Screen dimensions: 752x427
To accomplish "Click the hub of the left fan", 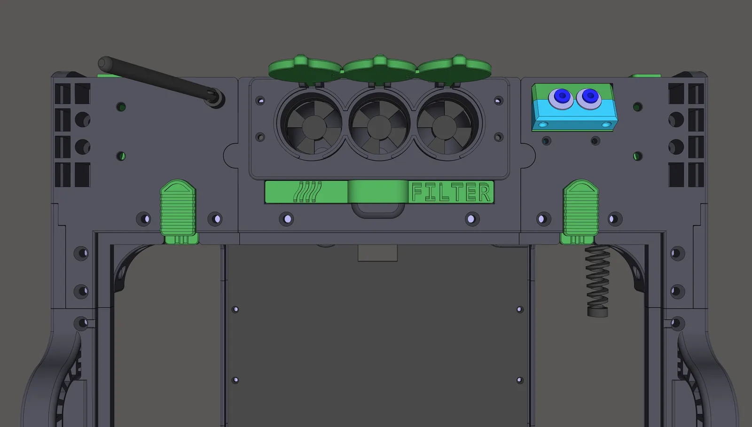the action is (314, 127).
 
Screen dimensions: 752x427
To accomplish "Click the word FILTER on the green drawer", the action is (451, 192).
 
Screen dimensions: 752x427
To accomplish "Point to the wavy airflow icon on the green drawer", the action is (307, 192).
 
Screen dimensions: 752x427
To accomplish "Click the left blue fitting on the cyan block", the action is (561, 98).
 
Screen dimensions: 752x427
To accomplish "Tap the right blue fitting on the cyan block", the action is (589, 98).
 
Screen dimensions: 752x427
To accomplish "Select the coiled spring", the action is (597, 281).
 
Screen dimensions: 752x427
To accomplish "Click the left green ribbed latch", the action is (179, 211).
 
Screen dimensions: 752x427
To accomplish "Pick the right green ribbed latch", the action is (580, 211).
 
